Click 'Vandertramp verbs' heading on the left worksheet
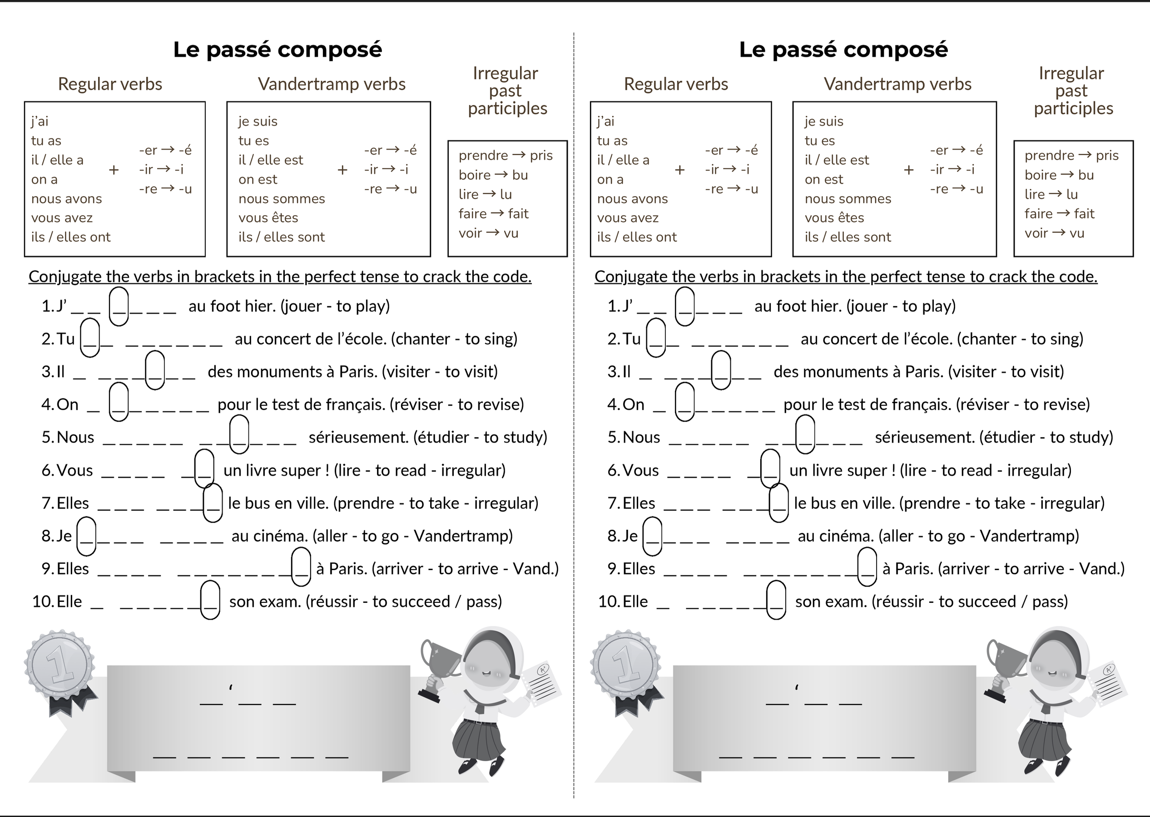(x=332, y=84)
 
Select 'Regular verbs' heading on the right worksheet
(x=676, y=84)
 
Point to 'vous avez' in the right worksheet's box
(x=628, y=218)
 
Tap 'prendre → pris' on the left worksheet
(x=506, y=155)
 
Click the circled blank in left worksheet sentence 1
(x=119, y=306)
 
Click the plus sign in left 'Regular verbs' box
(x=114, y=170)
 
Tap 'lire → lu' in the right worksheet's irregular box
(x=1051, y=194)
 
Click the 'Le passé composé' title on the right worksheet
(x=843, y=50)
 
